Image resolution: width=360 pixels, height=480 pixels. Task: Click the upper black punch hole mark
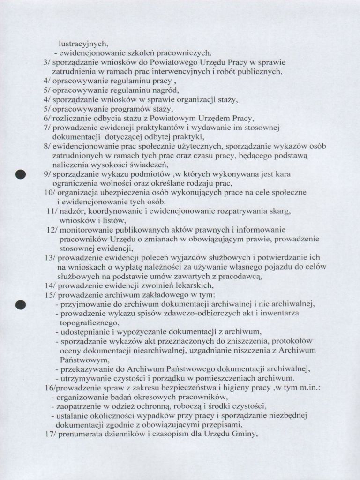click(20, 175)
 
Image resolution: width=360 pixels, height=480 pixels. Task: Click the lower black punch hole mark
click(20, 305)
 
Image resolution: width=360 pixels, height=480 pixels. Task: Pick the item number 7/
click(46, 127)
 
